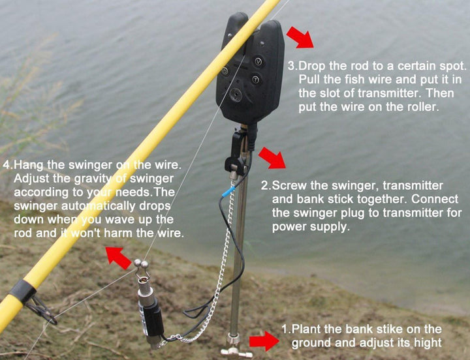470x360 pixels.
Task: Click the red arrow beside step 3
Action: [x=300, y=37]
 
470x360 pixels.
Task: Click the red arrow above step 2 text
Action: [x=272, y=158]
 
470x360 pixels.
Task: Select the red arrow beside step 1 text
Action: [x=264, y=341]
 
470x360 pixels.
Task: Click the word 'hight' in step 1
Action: [x=428, y=343]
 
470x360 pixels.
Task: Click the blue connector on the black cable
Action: [x=228, y=191]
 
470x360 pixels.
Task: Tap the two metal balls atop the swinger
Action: [x=141, y=263]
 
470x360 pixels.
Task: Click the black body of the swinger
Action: [x=151, y=318]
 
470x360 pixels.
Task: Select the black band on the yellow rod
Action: [x=22, y=292]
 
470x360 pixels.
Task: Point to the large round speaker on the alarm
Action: [x=236, y=95]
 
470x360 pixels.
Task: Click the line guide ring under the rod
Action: [x=42, y=310]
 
